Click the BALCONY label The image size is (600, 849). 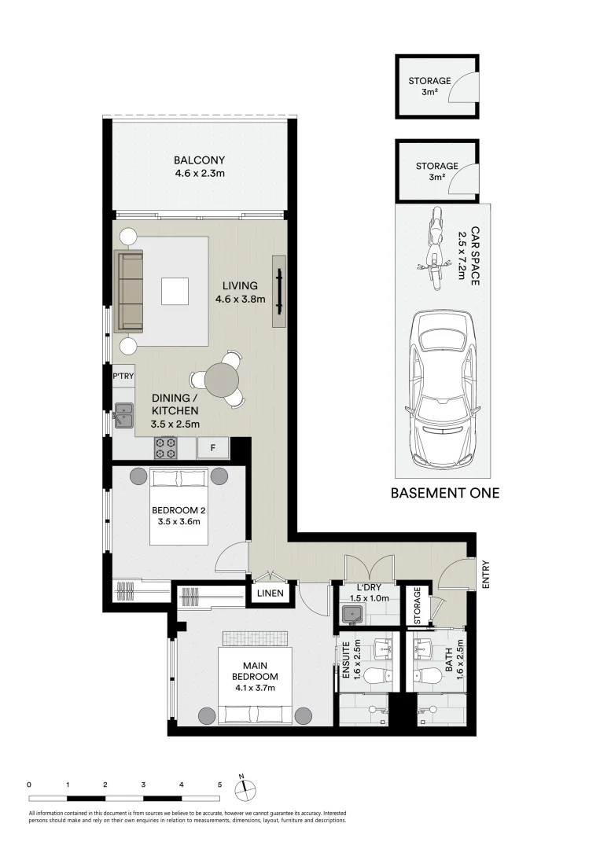point(199,160)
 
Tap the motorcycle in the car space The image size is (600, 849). point(436,250)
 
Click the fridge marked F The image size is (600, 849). point(213,448)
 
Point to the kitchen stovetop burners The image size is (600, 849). point(167,448)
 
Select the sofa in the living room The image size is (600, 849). point(128,291)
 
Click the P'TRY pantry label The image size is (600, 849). point(123,376)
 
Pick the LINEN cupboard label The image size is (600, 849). point(271,593)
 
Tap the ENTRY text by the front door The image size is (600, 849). point(485,575)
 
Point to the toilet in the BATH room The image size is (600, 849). point(425,676)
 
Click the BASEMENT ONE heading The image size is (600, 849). point(445,493)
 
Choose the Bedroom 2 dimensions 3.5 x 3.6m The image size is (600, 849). point(179,522)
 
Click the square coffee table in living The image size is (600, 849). point(175,292)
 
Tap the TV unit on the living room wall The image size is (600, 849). point(279,291)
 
